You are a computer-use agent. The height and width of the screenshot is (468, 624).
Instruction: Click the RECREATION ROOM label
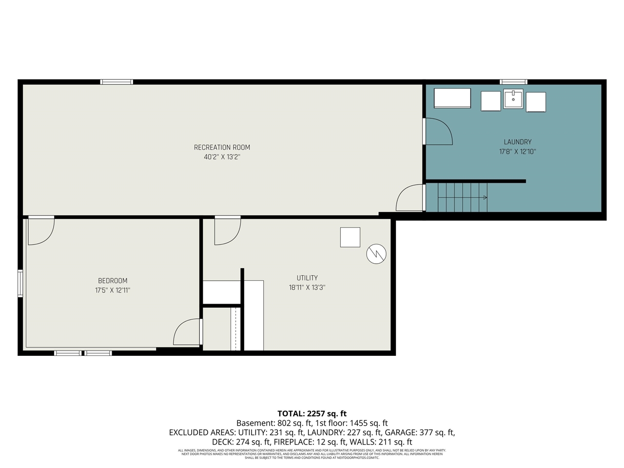click(x=222, y=147)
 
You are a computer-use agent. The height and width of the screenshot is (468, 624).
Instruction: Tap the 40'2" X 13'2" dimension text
click(x=222, y=157)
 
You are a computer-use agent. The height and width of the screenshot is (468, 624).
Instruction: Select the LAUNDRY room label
click(x=517, y=142)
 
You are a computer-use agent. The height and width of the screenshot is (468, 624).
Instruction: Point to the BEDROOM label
click(x=113, y=281)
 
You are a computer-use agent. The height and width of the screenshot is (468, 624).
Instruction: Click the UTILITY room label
click(x=307, y=278)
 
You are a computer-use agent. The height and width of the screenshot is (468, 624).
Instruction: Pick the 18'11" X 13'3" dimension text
click(x=307, y=288)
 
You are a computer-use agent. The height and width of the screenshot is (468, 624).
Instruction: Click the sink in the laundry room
click(x=513, y=99)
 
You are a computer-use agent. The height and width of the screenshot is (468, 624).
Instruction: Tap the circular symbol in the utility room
click(x=376, y=253)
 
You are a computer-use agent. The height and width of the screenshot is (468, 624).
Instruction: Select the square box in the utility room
click(x=350, y=237)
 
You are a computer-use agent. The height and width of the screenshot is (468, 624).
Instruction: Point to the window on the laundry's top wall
click(x=513, y=82)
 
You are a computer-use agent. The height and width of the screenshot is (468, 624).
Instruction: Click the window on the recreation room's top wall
click(x=117, y=82)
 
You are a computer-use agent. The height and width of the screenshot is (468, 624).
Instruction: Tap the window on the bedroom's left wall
click(x=20, y=283)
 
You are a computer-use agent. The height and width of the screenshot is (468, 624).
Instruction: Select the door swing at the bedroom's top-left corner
click(x=40, y=231)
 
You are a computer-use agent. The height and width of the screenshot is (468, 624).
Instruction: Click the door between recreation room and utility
click(x=227, y=231)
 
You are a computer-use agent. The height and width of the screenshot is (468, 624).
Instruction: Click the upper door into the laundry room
click(x=438, y=132)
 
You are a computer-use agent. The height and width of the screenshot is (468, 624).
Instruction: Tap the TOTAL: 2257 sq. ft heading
click(x=312, y=414)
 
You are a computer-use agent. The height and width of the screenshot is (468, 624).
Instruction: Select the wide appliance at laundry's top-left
click(x=452, y=98)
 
